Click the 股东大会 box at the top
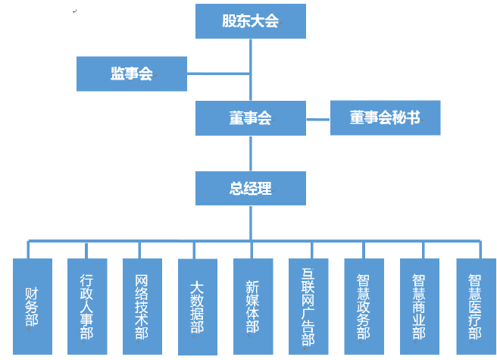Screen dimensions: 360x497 point(251,21)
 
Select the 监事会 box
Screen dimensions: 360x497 point(132,74)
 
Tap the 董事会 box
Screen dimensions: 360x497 point(251,118)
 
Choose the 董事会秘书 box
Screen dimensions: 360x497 point(385,118)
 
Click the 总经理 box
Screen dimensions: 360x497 point(251,188)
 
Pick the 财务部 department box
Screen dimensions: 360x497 point(33,306)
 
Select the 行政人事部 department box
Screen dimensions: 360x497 point(87,306)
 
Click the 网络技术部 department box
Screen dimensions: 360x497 point(142,306)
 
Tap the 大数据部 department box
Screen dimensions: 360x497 point(197,306)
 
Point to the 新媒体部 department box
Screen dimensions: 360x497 point(252,306)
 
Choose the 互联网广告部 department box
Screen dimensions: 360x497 point(308,306)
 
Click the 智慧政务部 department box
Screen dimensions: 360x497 point(364,306)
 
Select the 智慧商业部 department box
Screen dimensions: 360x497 point(419,306)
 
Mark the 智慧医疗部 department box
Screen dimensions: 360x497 point(475,306)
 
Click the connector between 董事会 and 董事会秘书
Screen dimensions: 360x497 point(317,119)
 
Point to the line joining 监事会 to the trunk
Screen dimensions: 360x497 point(218,74)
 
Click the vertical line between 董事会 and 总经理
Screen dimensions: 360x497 point(251,153)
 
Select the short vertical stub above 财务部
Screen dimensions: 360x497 point(29,250)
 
